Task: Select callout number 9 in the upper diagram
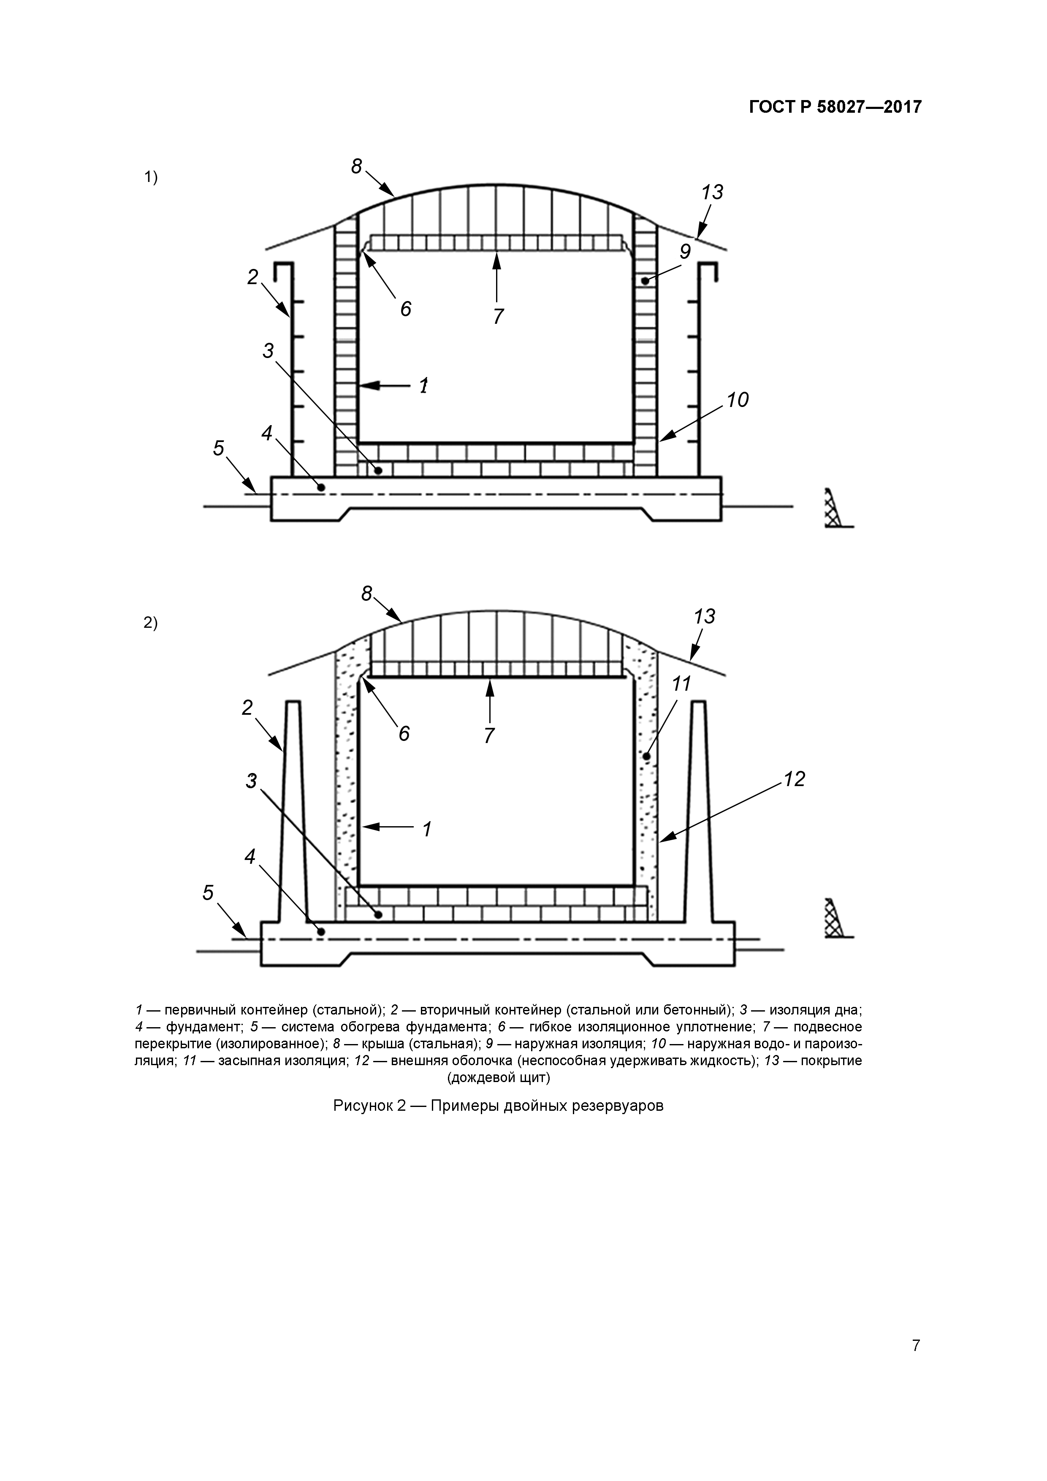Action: tap(685, 251)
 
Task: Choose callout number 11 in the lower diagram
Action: tap(681, 684)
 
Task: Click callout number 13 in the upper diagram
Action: tap(712, 192)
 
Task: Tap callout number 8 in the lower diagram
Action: tap(366, 594)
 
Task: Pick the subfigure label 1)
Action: tap(150, 177)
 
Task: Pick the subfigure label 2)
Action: tap(150, 623)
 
